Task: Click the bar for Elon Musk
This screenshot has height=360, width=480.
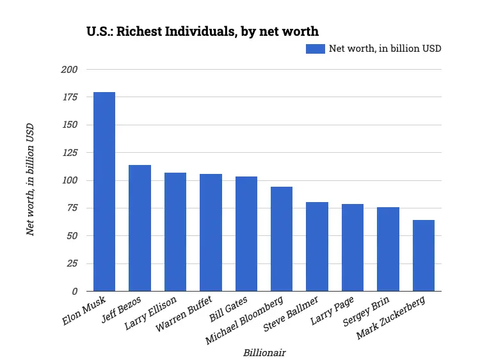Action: point(104,192)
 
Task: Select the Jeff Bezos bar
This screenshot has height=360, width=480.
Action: point(140,228)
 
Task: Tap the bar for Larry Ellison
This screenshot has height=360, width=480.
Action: point(175,232)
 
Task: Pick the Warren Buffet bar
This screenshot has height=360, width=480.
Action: point(211,233)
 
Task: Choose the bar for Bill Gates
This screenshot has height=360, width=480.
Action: point(246,234)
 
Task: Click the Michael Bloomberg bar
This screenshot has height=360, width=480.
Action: point(282,239)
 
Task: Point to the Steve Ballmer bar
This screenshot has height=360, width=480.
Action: point(317,247)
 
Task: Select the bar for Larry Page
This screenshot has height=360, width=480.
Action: point(353,247)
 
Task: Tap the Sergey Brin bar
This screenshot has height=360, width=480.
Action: point(388,249)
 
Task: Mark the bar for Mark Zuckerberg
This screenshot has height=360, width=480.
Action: point(424,256)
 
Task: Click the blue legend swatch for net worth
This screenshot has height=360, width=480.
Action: point(315,49)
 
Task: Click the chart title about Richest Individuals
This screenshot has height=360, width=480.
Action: point(202,31)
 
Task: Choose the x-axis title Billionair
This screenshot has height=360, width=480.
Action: point(264,352)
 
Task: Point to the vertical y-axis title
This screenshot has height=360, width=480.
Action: point(30,180)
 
